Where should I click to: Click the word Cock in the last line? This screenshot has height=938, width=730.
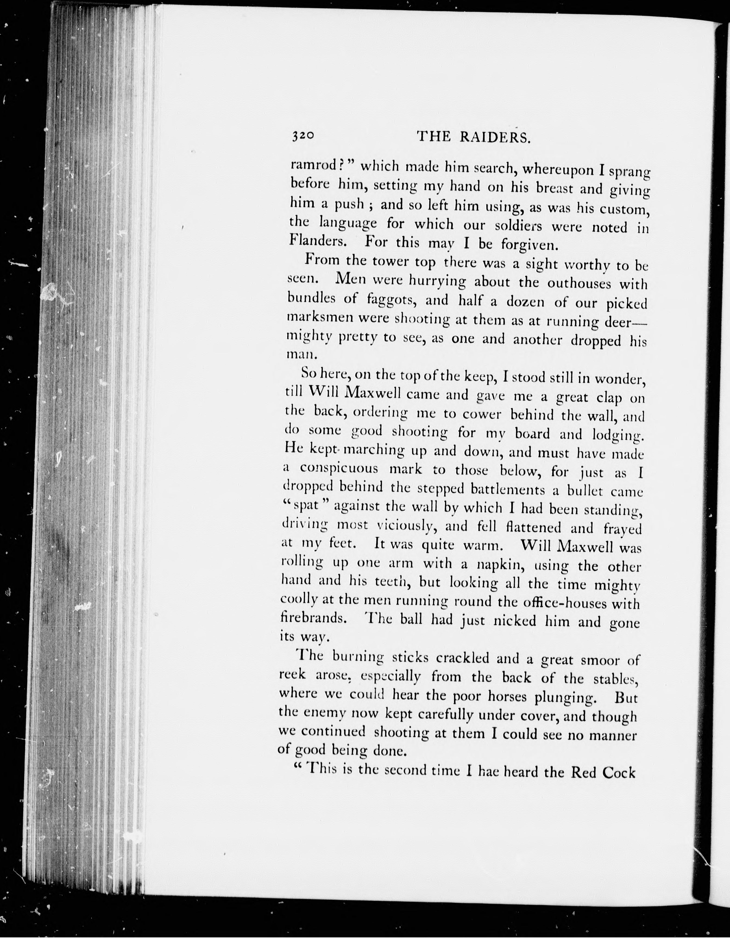pos(619,773)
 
